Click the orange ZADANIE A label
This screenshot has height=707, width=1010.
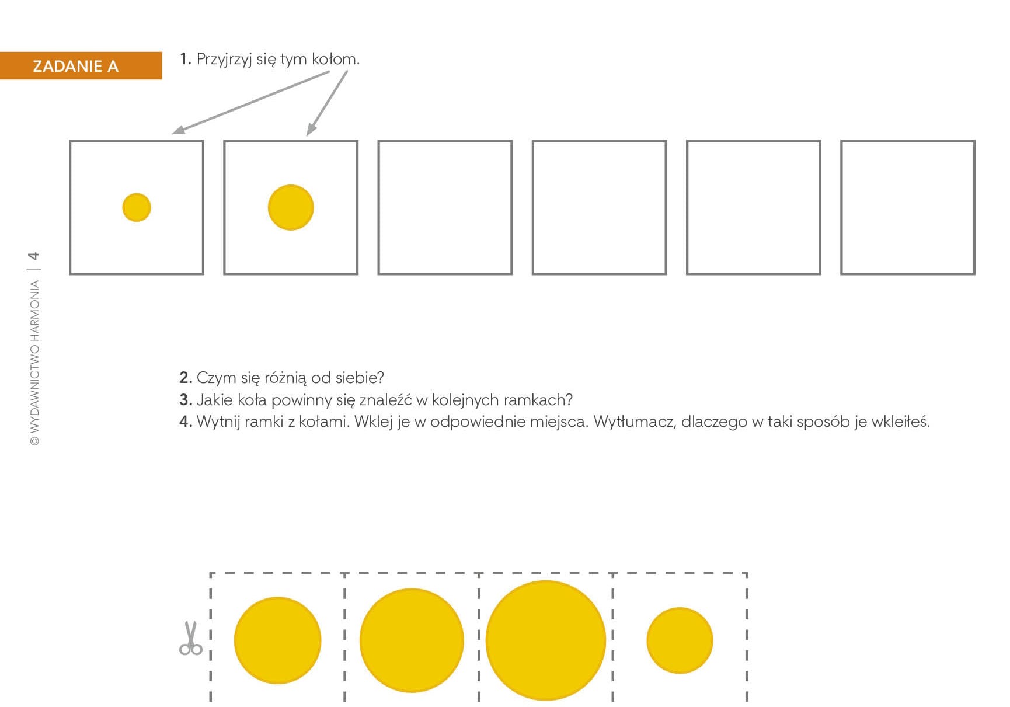[x=81, y=65]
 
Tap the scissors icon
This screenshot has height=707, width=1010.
[x=190, y=638]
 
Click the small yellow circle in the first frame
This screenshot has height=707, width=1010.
[x=137, y=207]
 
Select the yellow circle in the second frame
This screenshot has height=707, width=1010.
[x=291, y=207]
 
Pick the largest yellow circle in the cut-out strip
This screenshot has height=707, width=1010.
[x=546, y=640]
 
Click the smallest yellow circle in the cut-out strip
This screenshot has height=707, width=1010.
[x=680, y=640]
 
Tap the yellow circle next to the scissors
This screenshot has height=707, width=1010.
[x=277, y=640]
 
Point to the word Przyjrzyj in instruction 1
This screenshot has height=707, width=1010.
[x=224, y=60]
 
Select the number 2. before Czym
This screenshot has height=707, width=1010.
[x=186, y=378]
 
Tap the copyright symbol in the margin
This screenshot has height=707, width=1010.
[x=34, y=441]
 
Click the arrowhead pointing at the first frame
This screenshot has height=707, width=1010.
[x=178, y=130]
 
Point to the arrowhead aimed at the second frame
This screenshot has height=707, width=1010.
[x=311, y=129]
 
